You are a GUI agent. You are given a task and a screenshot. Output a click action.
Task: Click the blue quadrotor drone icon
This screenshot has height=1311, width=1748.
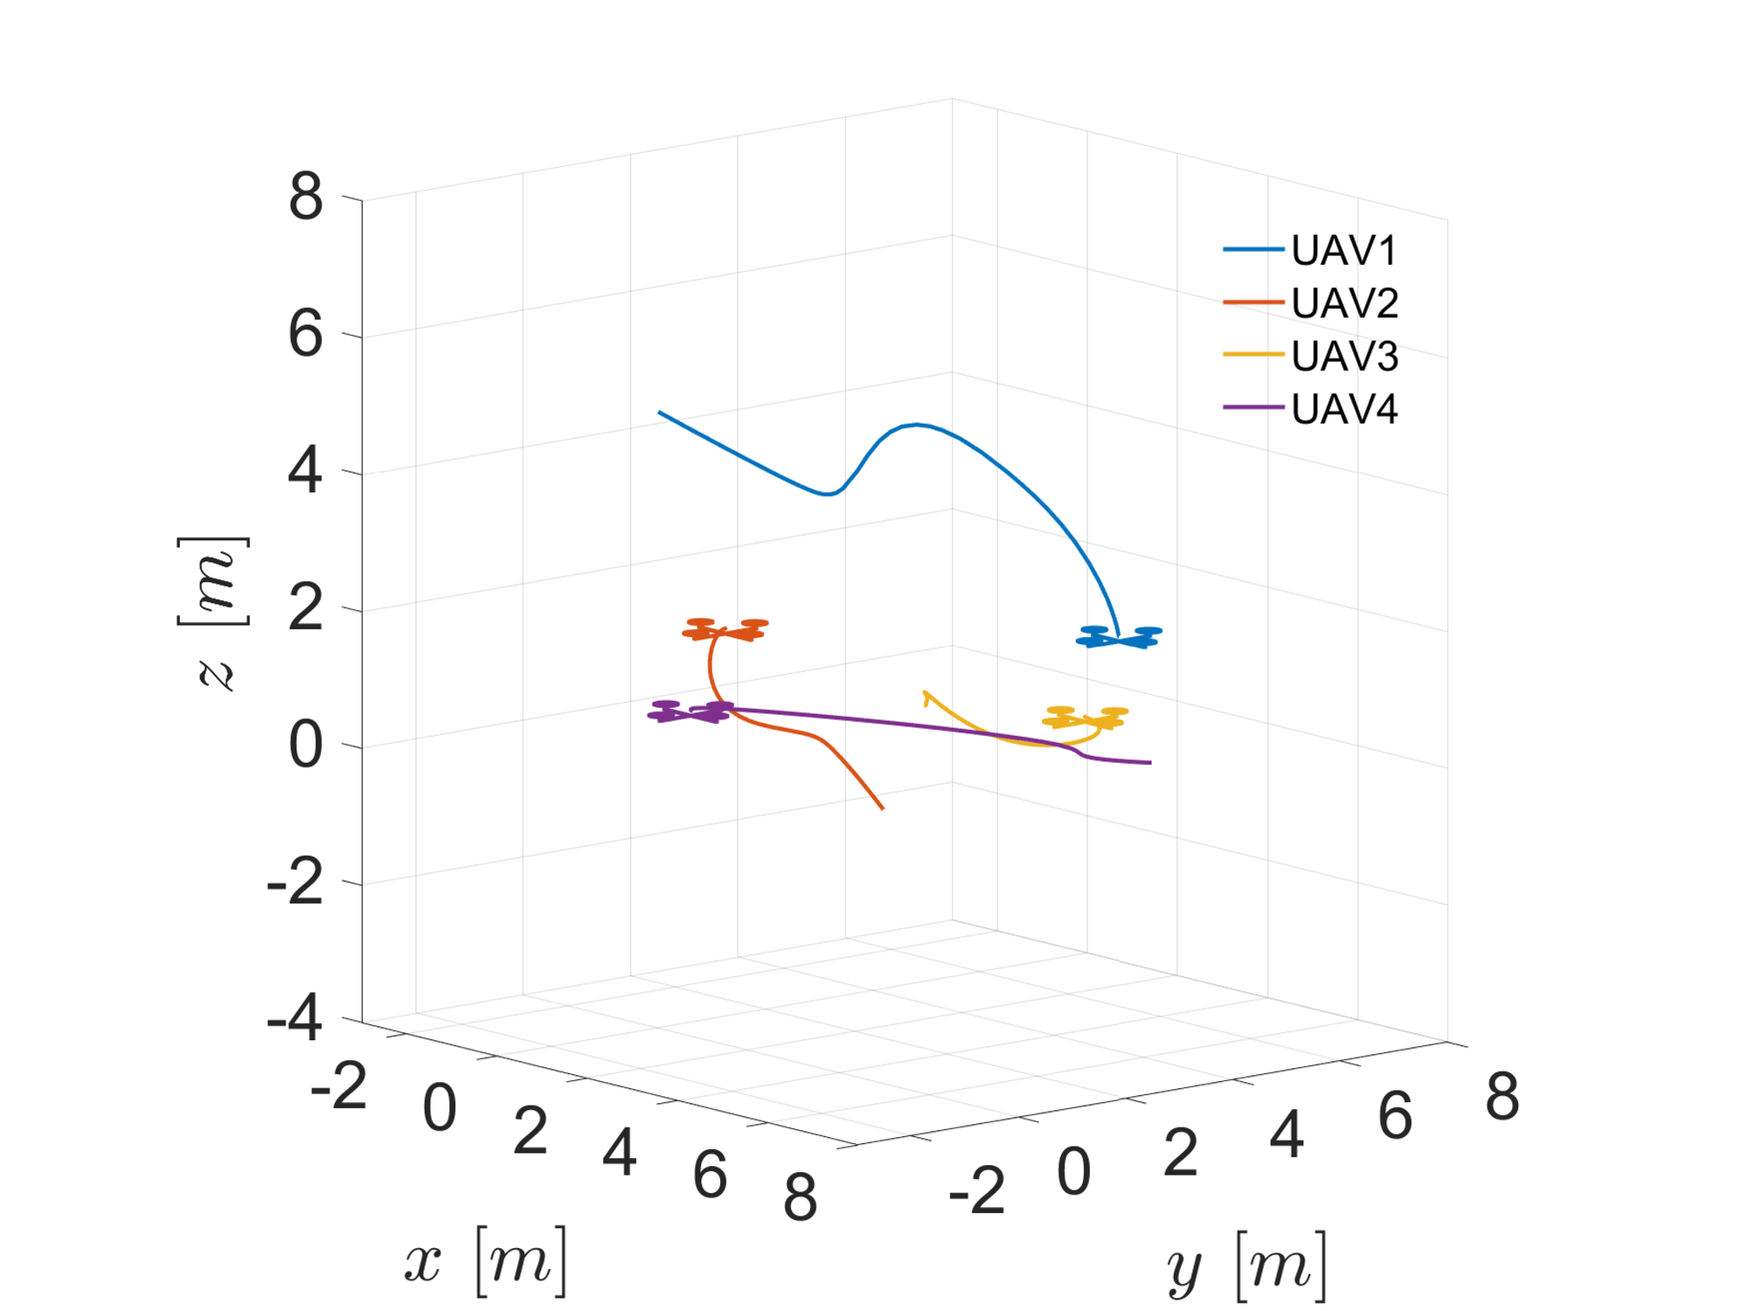tap(1119, 637)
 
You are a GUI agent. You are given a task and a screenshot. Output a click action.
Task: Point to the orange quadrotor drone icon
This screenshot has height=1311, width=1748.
tap(725, 629)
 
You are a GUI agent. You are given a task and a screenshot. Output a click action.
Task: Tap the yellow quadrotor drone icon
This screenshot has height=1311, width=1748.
tap(1086, 718)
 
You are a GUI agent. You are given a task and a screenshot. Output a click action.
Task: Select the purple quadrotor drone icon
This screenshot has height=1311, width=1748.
tap(690, 711)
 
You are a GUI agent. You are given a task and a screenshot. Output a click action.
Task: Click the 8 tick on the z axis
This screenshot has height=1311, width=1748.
tap(306, 197)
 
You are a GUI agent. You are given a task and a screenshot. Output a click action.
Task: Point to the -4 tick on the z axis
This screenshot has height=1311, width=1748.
tap(295, 1018)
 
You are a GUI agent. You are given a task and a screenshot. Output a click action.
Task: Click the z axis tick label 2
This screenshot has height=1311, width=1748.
tap(306, 607)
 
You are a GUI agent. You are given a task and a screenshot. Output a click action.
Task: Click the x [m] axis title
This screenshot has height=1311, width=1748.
tap(486, 1260)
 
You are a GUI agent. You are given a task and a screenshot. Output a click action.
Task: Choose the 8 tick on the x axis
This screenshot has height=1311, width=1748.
tap(800, 1197)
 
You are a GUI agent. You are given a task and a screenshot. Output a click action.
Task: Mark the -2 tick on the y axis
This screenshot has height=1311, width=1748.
tap(977, 1190)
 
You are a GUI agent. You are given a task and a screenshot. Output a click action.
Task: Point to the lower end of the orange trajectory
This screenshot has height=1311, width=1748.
tap(882, 808)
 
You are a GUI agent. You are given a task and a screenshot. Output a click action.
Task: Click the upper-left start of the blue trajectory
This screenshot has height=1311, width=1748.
tap(660, 413)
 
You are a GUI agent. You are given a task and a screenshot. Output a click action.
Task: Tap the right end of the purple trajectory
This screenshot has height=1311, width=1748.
tap(1149, 763)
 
